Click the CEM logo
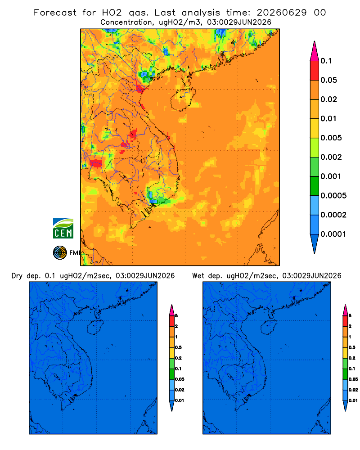point(63,229)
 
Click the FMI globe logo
point(60,252)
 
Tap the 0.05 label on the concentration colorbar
point(328,80)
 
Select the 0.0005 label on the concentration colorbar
point(333,196)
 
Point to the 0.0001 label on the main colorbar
point(333,234)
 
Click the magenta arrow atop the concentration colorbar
point(315,51)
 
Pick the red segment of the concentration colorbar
point(315,71)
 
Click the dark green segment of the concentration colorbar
point(315,186)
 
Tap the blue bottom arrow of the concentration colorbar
point(315,244)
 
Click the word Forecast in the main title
point(55,13)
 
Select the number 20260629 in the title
point(282,13)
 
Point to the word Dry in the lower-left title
point(17,276)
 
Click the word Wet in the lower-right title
point(198,276)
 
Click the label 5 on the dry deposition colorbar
point(176,316)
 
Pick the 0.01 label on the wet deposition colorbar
point(353,400)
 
